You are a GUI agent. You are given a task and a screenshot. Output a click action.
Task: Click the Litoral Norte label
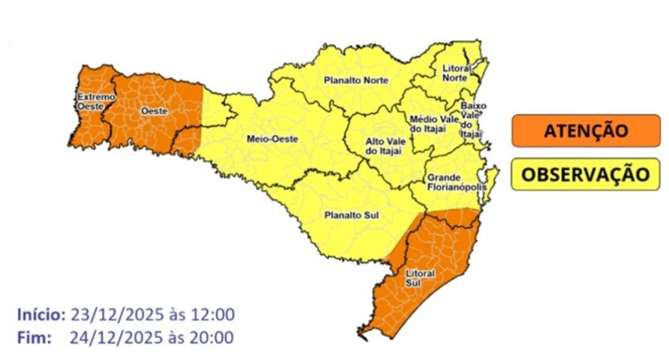(456, 73)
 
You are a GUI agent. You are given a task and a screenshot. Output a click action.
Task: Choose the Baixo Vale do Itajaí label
(472, 119)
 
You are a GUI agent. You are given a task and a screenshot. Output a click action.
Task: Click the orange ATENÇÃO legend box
(585, 131)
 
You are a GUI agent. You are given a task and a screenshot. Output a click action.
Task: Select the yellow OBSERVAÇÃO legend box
(585, 174)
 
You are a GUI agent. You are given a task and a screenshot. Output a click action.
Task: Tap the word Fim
(31, 337)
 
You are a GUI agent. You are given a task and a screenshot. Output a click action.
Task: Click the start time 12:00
(213, 313)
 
